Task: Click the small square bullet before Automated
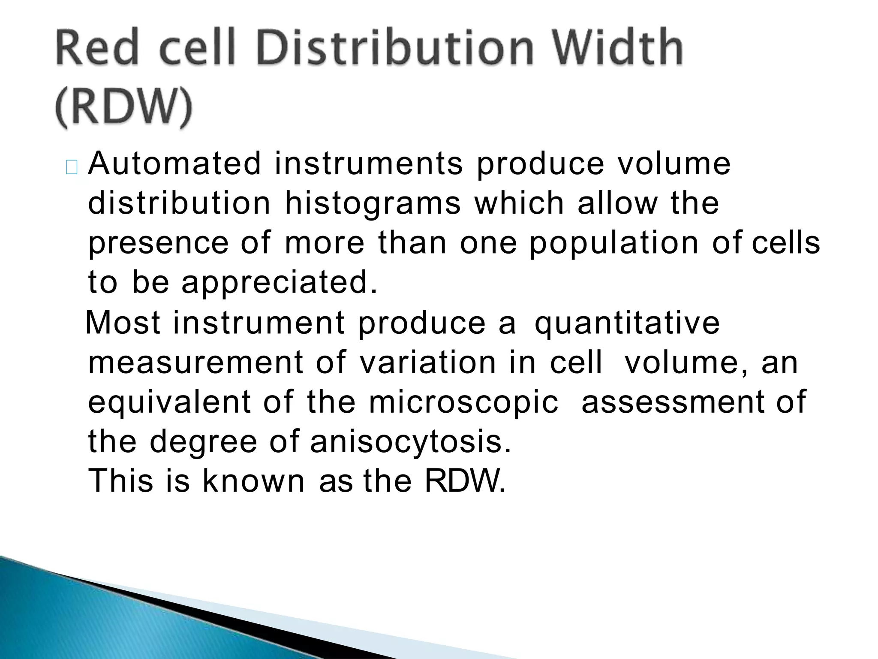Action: pyautogui.click(x=72, y=168)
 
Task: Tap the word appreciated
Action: pyautogui.click(x=280, y=284)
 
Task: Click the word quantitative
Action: pyautogui.click(x=627, y=323)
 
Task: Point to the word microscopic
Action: pyautogui.click(x=463, y=402)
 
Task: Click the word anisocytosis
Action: pyautogui.click(x=411, y=442)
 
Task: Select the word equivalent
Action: pyautogui.click(x=170, y=402)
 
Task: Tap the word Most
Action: pyautogui.click(x=123, y=323)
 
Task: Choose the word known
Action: pyautogui.click(x=253, y=481)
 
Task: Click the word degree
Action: pyautogui.click(x=203, y=442)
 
